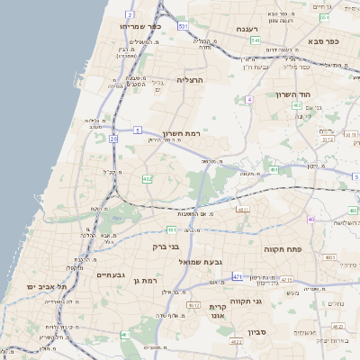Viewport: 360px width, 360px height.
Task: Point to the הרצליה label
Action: point(190,80)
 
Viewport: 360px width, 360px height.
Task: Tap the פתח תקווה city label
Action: point(282,247)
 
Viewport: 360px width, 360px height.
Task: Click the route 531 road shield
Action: point(183,27)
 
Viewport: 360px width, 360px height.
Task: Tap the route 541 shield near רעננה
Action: point(256,40)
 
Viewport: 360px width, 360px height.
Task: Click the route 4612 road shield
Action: point(193,305)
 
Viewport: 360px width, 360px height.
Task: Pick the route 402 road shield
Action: point(297,105)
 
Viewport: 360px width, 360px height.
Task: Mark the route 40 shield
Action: point(311,219)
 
